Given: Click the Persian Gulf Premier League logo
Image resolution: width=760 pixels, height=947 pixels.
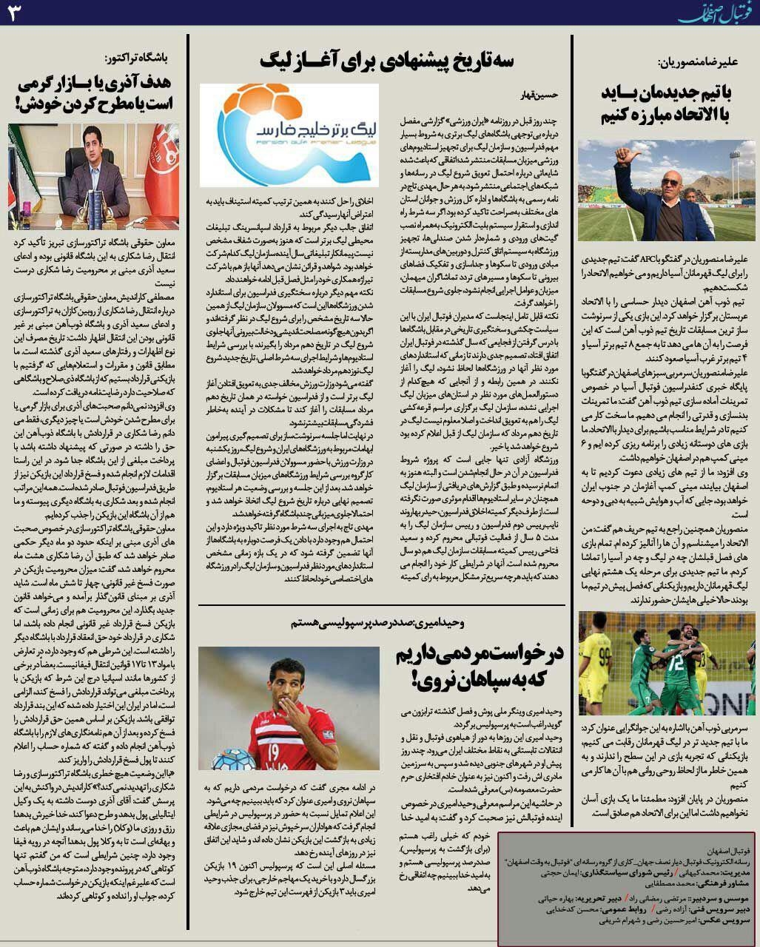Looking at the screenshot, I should click(x=289, y=135).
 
